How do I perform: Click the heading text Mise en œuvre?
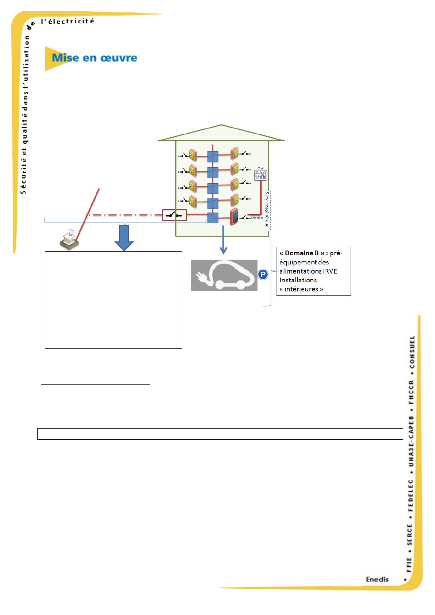95,58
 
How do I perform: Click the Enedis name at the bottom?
377,579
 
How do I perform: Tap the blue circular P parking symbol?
263,274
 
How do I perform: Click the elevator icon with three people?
260,174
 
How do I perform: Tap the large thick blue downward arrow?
124,238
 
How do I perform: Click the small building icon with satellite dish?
69,240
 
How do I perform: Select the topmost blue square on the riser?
213,157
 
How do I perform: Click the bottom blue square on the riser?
213,218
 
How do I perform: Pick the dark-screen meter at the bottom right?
234,217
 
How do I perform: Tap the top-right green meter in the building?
234,153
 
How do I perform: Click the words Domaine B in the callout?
302,253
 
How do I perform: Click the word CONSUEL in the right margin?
412,352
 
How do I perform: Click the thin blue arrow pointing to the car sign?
223,240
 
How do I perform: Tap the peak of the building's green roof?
221,125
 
